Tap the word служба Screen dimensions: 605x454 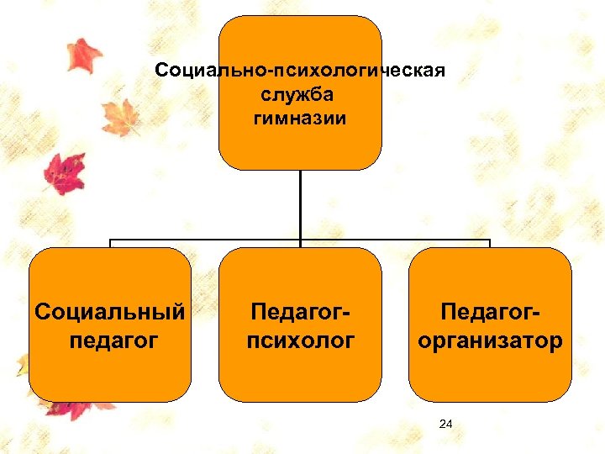(x=300, y=94)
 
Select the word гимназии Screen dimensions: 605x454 (x=300, y=118)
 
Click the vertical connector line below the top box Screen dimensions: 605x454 (x=300, y=202)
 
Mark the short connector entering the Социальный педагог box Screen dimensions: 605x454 (x=110, y=244)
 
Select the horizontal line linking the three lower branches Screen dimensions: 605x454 (x=210, y=240)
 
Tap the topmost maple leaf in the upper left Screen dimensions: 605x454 (x=83, y=54)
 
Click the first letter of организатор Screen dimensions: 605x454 (x=423, y=341)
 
